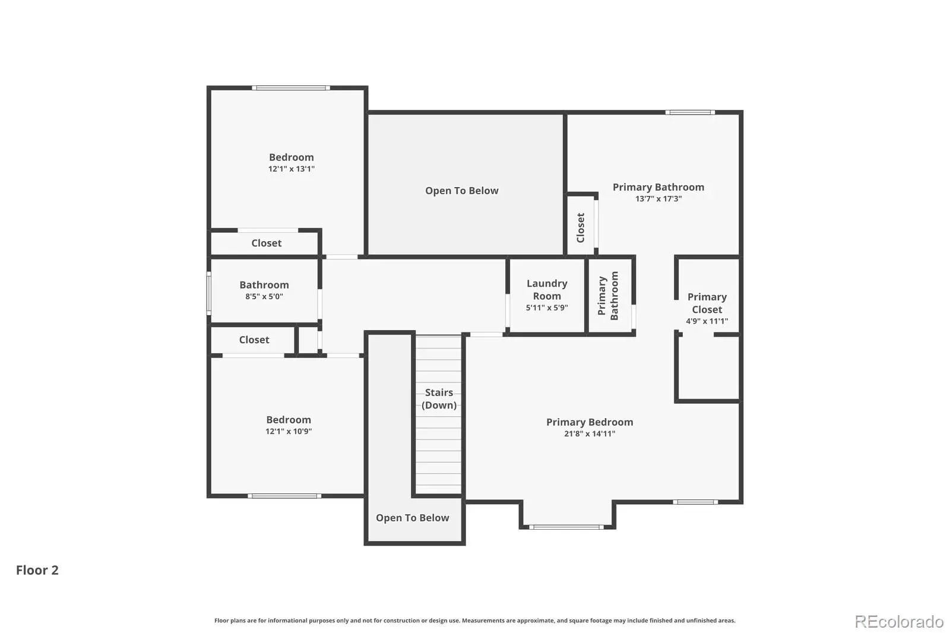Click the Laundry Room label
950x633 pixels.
click(547, 290)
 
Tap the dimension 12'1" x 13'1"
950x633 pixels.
click(292, 169)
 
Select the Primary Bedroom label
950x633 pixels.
click(590, 422)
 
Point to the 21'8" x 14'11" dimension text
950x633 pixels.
click(590, 433)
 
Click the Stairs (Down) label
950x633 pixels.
click(439, 399)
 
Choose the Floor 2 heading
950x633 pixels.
click(37, 570)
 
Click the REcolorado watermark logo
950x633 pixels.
click(899, 622)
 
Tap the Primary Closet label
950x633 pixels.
click(707, 303)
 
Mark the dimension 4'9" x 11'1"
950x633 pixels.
click(707, 321)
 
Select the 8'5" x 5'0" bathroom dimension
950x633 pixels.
click(264, 296)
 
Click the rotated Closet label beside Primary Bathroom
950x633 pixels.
click(581, 228)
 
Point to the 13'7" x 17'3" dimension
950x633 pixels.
click(658, 198)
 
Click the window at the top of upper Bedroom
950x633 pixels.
click(291, 88)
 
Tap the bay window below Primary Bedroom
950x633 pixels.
click(566, 527)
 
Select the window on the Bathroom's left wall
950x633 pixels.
click(208, 293)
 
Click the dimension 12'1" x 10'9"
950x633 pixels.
click(289, 432)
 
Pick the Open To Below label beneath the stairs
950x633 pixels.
click(412, 518)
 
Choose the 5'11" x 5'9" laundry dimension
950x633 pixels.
click(547, 308)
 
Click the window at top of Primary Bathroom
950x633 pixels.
click(690, 112)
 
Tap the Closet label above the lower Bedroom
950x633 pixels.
click(254, 340)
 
